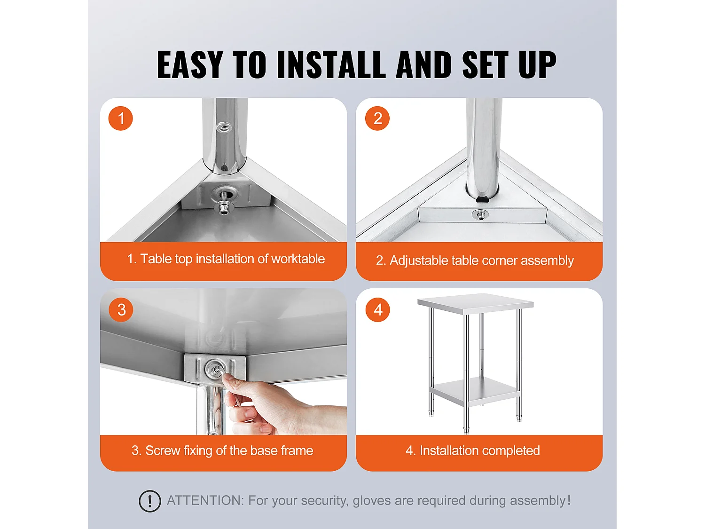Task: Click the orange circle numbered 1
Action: pos(121,118)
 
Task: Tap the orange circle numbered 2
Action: pos(377,118)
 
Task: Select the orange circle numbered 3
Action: pos(121,309)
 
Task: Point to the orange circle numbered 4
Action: pos(378,309)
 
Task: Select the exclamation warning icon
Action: pos(149,501)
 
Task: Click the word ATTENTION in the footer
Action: pos(205,500)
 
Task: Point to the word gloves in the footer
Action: pos(372,501)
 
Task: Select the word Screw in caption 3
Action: pos(163,450)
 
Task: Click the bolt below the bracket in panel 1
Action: pos(224,209)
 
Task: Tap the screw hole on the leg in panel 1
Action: pos(224,128)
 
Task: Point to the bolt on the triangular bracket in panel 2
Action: pos(480,214)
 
